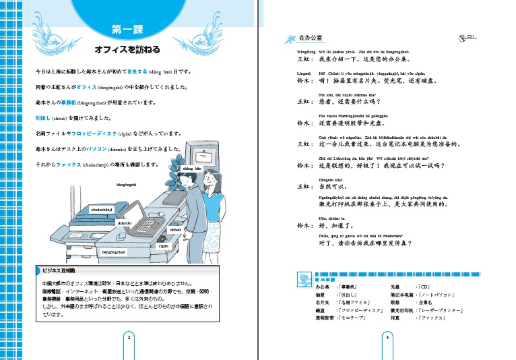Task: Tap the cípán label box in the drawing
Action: click(163, 245)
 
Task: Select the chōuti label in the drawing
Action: click(176, 231)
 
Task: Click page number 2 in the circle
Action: click(129, 338)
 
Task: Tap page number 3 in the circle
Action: click(387, 338)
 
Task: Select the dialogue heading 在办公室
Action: click(311, 38)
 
